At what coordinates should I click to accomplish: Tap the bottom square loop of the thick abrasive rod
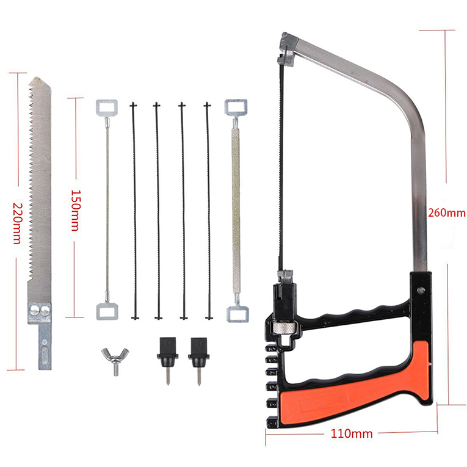237,314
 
